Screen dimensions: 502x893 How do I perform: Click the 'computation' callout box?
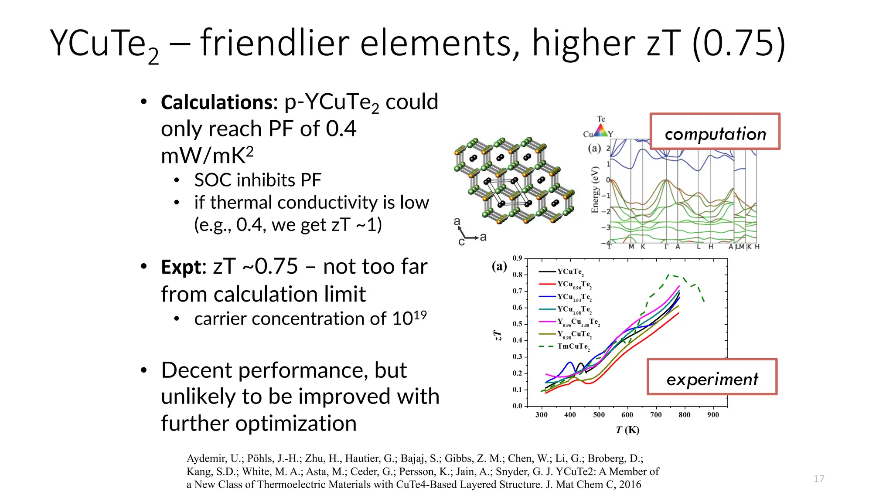[715, 132]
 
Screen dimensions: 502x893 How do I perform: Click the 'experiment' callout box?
[712, 377]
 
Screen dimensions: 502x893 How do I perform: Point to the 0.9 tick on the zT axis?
[517, 258]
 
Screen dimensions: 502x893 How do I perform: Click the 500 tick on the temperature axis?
[599, 415]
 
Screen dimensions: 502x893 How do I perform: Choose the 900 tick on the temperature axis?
[713, 415]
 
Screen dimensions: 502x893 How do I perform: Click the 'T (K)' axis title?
[627, 430]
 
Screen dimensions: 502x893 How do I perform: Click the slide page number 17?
[819, 479]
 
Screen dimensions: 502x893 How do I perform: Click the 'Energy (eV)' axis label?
[595, 190]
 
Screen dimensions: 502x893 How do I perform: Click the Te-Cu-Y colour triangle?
[601, 130]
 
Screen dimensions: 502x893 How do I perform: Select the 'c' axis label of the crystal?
[461, 242]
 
